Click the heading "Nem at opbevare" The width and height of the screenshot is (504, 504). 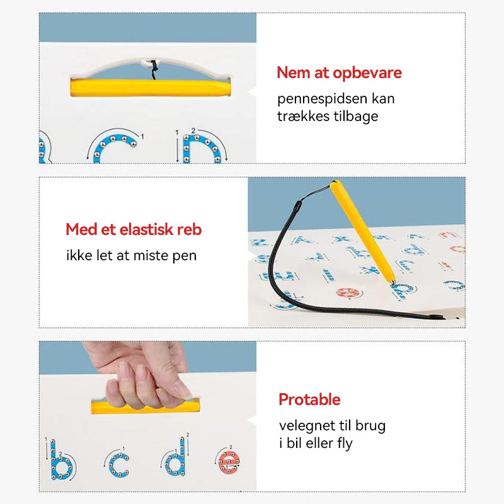[x=339, y=73]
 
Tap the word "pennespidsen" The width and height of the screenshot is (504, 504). [x=322, y=100]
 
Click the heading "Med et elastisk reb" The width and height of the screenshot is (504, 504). [x=134, y=229]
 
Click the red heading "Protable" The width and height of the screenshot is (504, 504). [x=309, y=399]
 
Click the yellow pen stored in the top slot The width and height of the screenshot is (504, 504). [x=151, y=88]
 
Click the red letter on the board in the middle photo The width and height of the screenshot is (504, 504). [x=348, y=293]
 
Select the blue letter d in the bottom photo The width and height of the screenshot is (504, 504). [x=176, y=458]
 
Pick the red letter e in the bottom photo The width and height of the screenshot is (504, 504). [x=229, y=462]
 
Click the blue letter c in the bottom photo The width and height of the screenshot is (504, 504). [x=118, y=465]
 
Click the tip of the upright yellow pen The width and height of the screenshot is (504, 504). [x=393, y=283]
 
